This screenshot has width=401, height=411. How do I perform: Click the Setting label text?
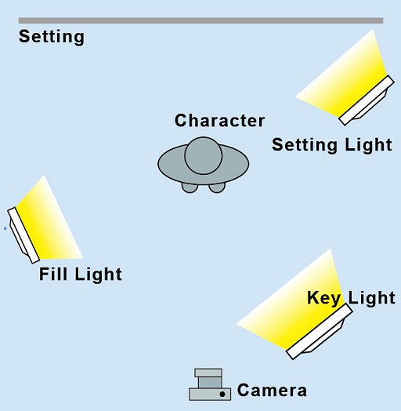click(52, 37)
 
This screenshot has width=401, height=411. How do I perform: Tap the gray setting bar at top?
click(200, 20)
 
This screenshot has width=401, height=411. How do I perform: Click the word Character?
click(219, 121)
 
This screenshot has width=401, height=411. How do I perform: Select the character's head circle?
click(204, 155)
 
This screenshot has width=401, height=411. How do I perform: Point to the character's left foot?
click(190, 187)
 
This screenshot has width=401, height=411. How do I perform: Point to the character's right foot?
click(217, 187)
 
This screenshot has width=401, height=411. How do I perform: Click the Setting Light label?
click(332, 145)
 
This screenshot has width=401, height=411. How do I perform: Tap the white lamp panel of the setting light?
click(367, 100)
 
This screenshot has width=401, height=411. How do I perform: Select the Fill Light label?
click(81, 275)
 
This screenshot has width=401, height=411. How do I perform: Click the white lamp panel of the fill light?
click(23, 235)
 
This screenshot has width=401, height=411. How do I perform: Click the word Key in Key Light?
click(323, 298)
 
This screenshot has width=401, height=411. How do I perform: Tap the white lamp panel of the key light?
click(320, 332)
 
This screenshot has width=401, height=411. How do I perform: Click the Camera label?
click(272, 391)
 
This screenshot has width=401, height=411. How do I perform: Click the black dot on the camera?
click(222, 394)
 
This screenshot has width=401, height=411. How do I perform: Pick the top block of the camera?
click(208, 373)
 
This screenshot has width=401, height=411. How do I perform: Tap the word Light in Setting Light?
click(369, 145)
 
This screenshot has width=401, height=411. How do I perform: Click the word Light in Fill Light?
click(99, 275)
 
